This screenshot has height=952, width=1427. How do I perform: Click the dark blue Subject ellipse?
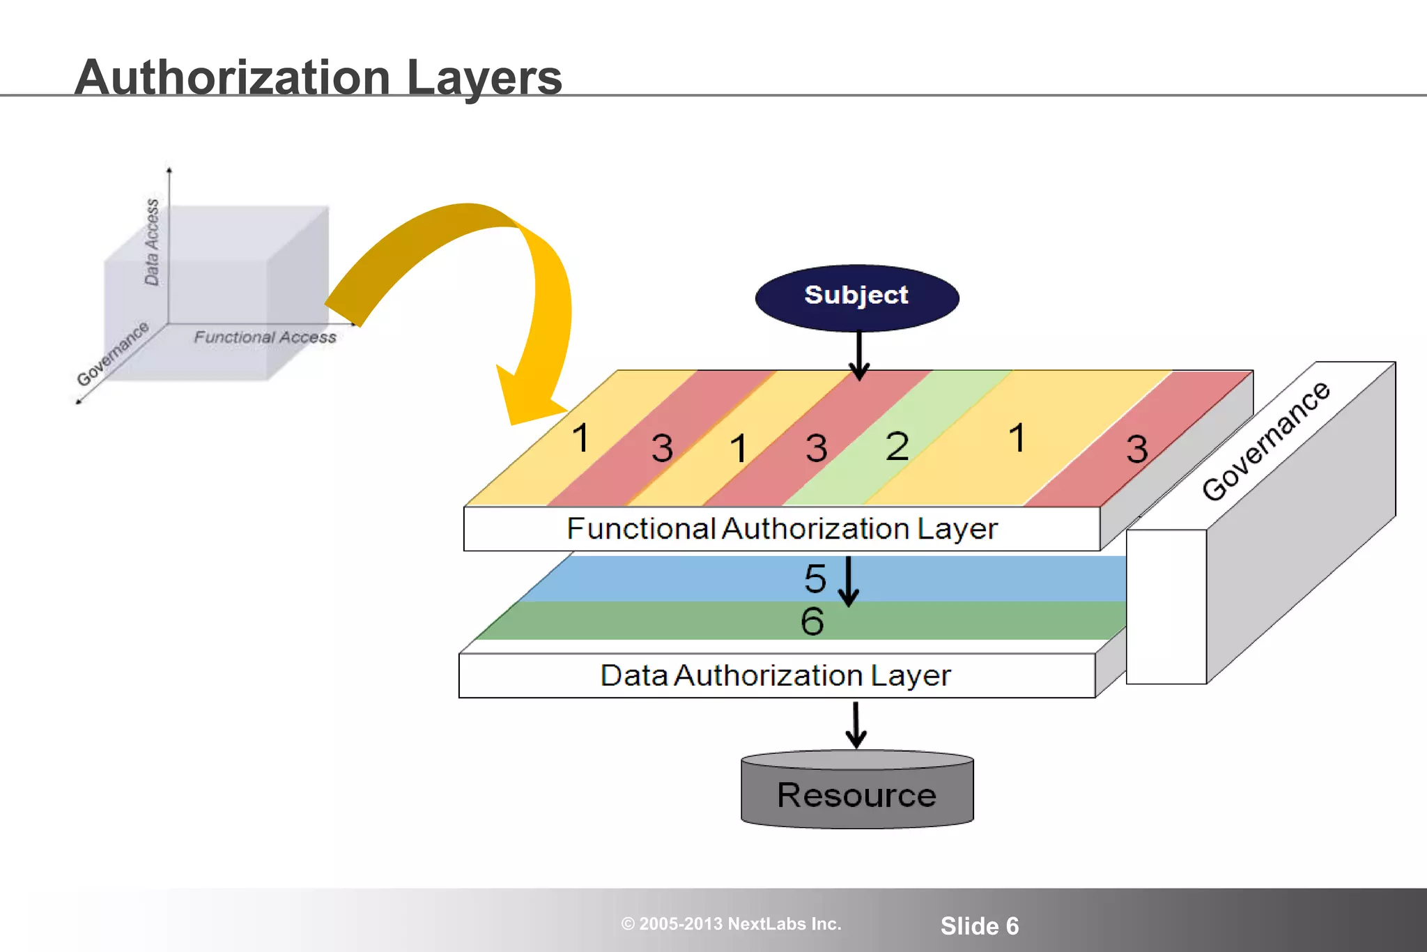pos(856,297)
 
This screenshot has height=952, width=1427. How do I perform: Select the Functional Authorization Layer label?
pos(782,529)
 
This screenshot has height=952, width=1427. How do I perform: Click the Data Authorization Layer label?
pos(776,675)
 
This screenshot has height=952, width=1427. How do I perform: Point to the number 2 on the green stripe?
pos(897,446)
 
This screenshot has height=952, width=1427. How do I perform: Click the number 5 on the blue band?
pos(815,578)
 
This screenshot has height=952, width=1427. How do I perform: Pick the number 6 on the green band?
pos(812,621)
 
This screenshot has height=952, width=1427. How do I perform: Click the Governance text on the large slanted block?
pos(1265,441)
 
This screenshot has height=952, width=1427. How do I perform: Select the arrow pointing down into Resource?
pos(856,725)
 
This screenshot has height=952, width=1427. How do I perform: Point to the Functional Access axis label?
pos(265,337)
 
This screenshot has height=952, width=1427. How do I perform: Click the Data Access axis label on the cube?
pos(152,242)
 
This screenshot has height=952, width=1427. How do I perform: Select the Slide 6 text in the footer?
pos(979,926)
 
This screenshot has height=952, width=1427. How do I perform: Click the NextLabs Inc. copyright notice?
pos(731,924)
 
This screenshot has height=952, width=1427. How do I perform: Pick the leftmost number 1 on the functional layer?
pos(580,438)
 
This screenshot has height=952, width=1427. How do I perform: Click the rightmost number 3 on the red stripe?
pos(1136,449)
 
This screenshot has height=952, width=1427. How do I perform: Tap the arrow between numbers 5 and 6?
pos(848,582)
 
